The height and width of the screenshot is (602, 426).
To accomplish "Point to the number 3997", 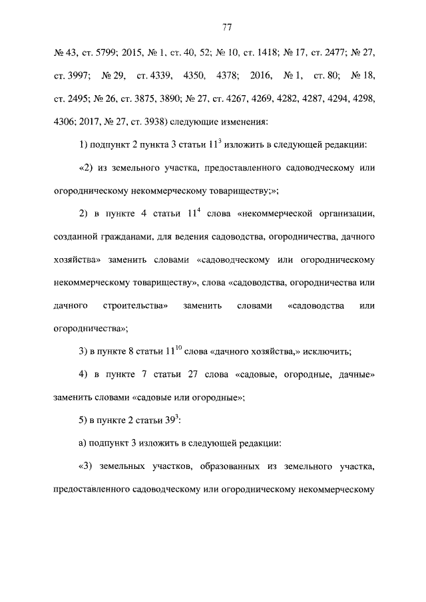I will pos(70,75).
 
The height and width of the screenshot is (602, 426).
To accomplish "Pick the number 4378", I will pos(229,75).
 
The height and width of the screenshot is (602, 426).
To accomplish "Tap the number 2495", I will pos(70,98).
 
